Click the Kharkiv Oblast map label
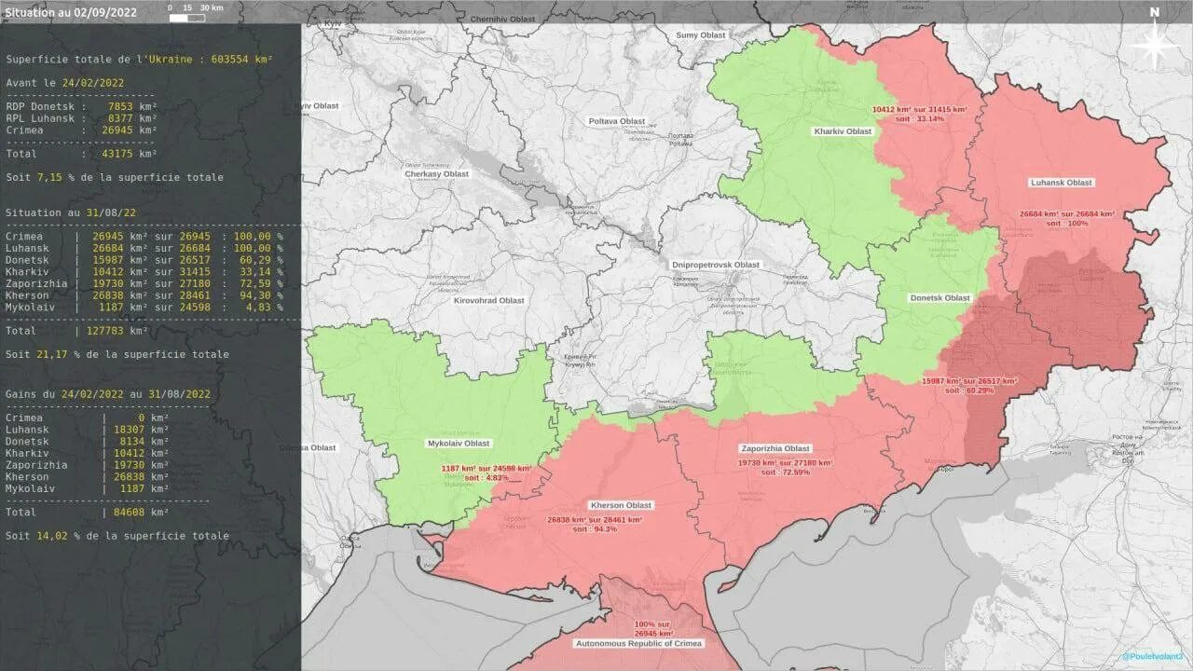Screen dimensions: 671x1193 (843, 131)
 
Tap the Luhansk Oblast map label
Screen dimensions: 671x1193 (1062, 183)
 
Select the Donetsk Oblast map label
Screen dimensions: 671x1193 (939, 298)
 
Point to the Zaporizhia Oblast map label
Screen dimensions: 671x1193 (775, 448)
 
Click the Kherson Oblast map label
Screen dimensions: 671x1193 (621, 505)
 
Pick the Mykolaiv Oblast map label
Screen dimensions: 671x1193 (459, 444)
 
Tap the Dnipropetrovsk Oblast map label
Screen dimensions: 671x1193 (716, 265)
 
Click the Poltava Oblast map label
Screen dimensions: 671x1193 (617, 122)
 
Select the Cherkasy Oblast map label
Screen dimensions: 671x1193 (436, 174)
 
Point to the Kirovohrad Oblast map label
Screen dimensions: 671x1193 (489, 301)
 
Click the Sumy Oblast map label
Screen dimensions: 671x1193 (700, 35)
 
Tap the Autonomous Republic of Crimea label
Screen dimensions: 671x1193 (638, 643)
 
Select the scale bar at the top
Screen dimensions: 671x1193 (196, 8)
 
